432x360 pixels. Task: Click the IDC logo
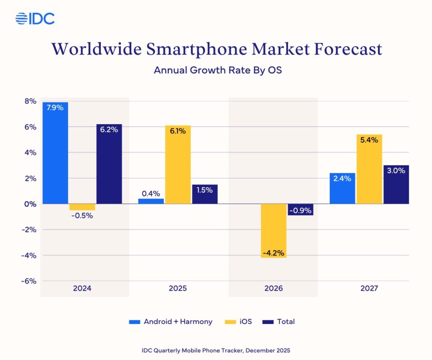[x=35, y=18]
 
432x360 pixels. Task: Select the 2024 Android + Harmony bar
[x=55, y=153]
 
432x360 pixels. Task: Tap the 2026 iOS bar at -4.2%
[x=273, y=230]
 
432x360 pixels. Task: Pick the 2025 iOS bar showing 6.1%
[x=178, y=164]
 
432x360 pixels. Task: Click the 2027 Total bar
[x=396, y=184]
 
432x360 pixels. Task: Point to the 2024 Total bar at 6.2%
[x=109, y=164]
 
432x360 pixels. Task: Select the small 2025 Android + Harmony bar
[x=151, y=201]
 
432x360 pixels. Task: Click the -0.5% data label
[x=81, y=216]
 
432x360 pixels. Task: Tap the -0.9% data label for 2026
[x=300, y=210]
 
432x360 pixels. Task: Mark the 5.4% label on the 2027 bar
[x=369, y=140]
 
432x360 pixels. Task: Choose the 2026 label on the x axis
[x=273, y=288]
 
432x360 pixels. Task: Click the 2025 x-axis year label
[x=178, y=288]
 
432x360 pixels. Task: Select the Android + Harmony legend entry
[x=171, y=321]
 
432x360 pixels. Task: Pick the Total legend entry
[x=279, y=321]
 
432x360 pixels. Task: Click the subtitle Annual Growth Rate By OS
[x=217, y=71]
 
